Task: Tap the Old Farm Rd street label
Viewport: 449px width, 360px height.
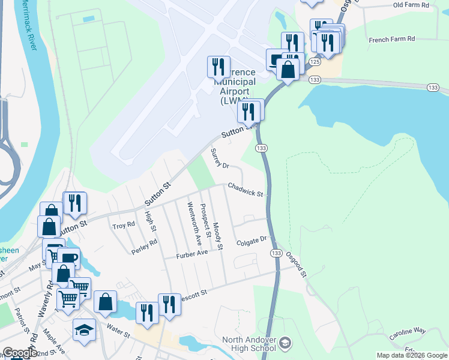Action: [x=411, y=5]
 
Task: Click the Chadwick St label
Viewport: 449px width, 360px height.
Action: [x=245, y=190]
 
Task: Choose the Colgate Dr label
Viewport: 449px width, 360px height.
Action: [x=251, y=240]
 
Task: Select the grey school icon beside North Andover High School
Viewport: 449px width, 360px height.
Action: [x=286, y=343]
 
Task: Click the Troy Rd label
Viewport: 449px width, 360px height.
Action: [x=124, y=226]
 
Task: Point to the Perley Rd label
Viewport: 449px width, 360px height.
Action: [x=145, y=246]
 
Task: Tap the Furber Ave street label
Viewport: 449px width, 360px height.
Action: [x=191, y=254]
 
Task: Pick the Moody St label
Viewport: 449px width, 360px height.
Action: [x=217, y=236]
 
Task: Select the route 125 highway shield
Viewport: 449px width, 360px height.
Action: [x=315, y=62]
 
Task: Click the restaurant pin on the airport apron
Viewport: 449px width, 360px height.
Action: [x=218, y=66]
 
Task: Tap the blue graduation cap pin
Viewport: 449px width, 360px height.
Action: [x=84, y=329]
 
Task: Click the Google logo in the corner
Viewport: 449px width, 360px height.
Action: [x=20, y=353]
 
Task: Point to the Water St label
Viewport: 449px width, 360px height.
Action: [x=118, y=328]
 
